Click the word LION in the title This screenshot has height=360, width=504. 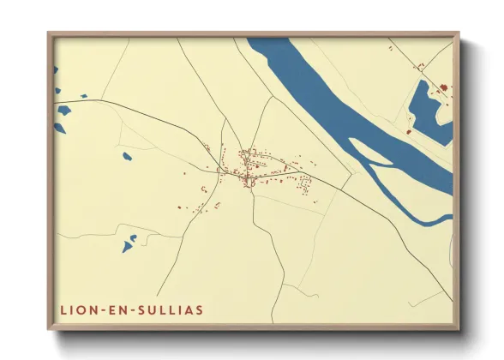point(77,309)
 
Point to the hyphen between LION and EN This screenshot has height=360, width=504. point(99,309)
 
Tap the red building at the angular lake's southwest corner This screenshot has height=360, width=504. point(410,131)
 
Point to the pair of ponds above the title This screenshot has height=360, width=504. point(129,243)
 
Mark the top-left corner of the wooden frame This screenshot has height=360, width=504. point(49,33)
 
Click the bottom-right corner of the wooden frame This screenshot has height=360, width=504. point(458,328)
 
